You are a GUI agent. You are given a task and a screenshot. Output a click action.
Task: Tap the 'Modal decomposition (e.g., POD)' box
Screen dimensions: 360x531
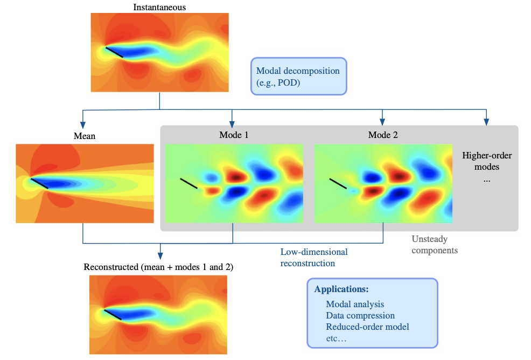coord(298,76)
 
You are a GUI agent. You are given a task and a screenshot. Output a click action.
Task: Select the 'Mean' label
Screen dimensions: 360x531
coord(84,136)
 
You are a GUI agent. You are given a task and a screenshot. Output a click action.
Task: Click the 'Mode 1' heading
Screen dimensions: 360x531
coord(234,135)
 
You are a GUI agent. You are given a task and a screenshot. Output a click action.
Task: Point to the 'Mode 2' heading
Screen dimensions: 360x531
coord(383,135)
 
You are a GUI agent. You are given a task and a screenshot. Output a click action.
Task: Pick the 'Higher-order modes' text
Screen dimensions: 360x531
coord(487,161)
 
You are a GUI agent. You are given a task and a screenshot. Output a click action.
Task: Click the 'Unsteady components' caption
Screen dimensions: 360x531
coord(434,244)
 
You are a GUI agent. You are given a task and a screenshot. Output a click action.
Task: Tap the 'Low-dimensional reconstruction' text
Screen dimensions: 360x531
coord(314,258)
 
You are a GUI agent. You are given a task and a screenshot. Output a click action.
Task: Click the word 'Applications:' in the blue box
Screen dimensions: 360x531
coord(341,289)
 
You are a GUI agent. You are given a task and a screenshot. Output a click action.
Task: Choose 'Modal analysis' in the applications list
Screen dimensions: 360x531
coord(355,304)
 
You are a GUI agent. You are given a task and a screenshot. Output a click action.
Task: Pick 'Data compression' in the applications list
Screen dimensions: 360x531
coord(360,315)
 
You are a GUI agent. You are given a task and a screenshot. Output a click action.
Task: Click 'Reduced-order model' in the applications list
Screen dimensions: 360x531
coord(367,327)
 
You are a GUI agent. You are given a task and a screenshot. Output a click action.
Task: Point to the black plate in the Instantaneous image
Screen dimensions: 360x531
coord(114,52)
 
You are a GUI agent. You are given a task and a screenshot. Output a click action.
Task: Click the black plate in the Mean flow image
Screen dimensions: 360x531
coord(39,183)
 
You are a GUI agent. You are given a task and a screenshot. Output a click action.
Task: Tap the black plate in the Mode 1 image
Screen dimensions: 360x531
coord(188,183)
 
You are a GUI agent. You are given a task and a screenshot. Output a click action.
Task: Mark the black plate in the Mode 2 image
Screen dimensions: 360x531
coord(338,183)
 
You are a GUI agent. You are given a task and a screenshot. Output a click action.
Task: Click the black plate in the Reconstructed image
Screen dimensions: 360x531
coord(113,315)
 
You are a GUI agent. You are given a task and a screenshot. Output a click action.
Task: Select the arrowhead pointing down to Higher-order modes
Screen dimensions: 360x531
coord(487,121)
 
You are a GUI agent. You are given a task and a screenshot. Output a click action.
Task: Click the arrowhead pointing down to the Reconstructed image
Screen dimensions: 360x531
coord(159,254)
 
